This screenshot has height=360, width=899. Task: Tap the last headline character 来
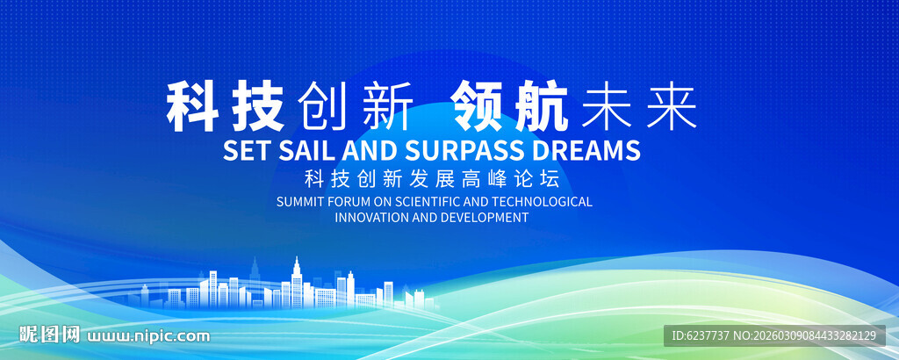pos(669,108)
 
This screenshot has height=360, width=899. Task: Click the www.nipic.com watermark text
pos(147,335)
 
